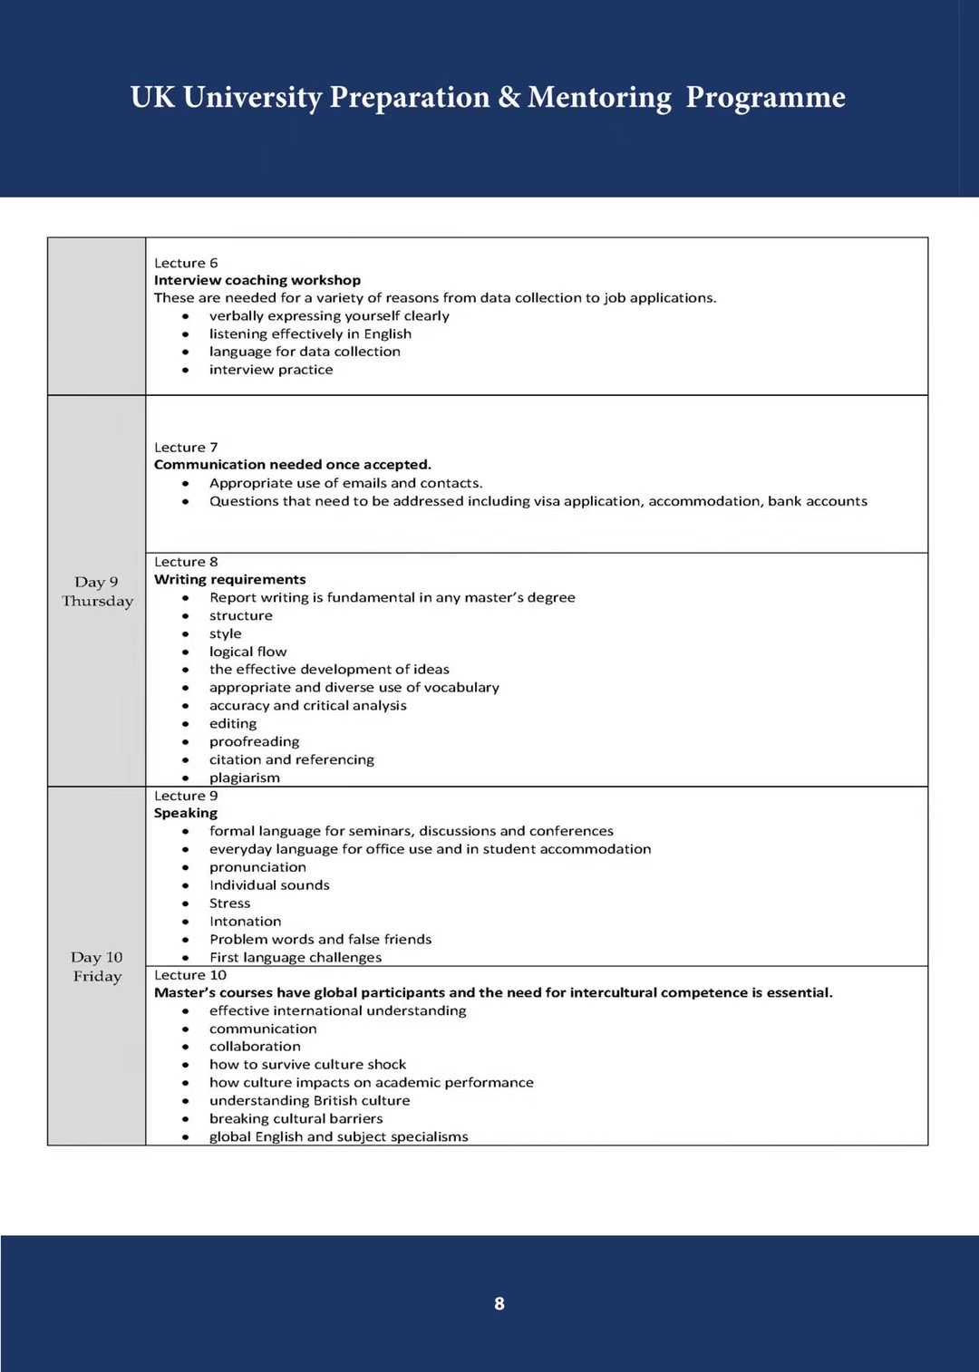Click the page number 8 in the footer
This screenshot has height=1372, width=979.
point(499,1303)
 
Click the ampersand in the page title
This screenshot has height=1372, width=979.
point(509,97)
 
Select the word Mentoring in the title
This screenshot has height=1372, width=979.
point(599,97)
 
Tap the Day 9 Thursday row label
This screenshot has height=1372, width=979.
point(97,592)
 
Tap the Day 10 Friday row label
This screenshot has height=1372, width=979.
point(97,967)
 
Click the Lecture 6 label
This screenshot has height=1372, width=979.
point(186,263)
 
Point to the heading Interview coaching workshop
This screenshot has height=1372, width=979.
point(257,280)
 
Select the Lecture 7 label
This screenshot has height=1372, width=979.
point(186,447)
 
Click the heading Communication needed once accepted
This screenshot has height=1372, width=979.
point(292,465)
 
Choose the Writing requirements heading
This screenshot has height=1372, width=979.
point(229,579)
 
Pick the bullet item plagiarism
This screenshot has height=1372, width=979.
point(245,778)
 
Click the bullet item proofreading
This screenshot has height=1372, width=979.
point(254,741)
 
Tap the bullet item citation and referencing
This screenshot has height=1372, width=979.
point(291,759)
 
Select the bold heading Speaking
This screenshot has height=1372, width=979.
point(186,813)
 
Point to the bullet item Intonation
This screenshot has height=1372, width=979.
point(245,921)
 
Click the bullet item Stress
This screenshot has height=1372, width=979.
point(229,903)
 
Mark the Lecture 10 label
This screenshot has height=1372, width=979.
point(190,975)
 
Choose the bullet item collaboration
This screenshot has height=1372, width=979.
point(255,1046)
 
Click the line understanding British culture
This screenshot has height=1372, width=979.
point(309,1100)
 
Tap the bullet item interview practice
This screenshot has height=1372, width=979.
point(271,370)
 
